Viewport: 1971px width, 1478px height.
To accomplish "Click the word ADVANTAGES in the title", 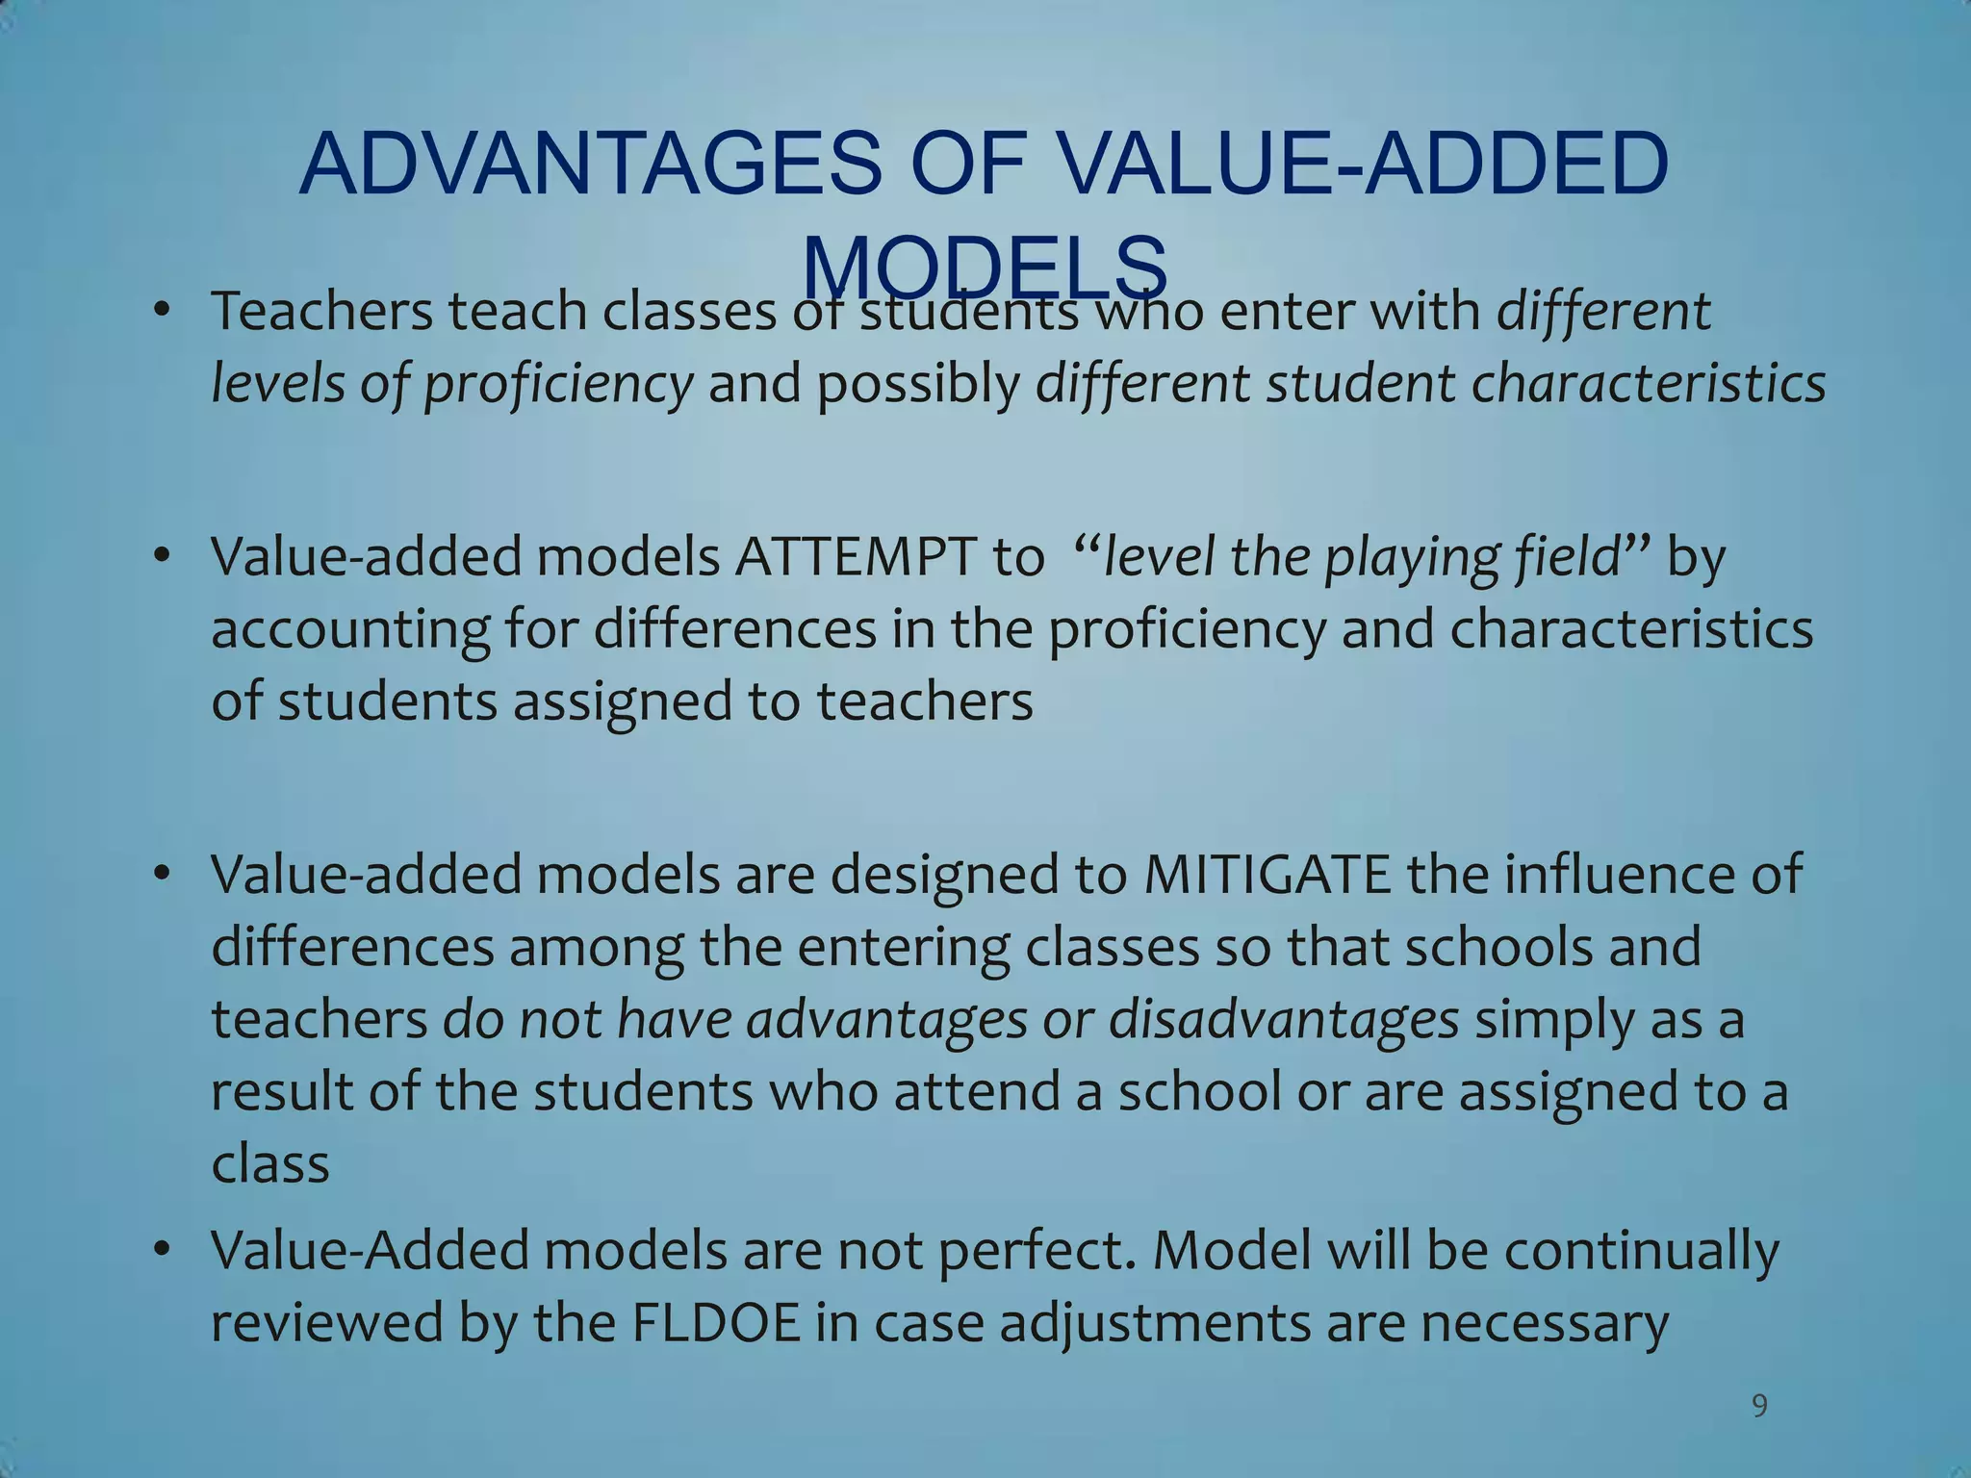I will pos(590,164).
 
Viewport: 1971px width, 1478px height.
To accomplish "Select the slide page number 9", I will pos(1759,1407).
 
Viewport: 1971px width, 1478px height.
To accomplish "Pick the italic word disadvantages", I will pos(1284,1019).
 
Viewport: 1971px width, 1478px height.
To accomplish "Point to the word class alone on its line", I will pos(270,1163).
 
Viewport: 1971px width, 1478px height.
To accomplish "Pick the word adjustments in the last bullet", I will pos(1154,1323).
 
